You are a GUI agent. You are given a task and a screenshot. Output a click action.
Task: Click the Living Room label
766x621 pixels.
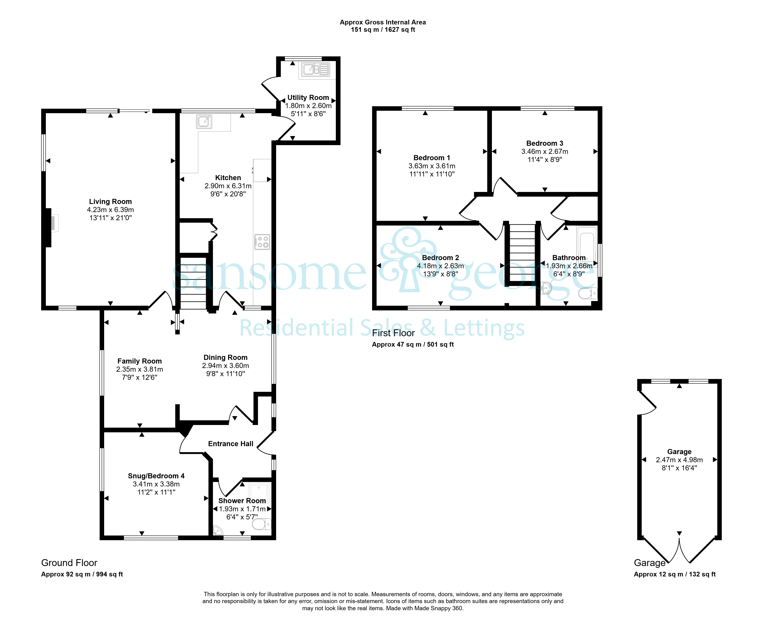(x=110, y=201)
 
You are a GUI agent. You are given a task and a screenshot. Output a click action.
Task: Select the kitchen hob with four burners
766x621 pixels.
(x=262, y=242)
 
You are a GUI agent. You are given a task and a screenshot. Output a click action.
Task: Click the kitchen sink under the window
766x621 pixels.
(x=204, y=122)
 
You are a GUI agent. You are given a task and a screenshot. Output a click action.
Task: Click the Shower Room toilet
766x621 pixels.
(x=261, y=524)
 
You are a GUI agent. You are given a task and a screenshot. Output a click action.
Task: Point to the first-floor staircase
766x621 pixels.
(x=522, y=253)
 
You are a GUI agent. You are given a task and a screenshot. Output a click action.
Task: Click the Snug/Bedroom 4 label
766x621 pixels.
(x=156, y=476)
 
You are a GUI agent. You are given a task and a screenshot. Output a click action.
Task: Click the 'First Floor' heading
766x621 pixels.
(x=393, y=333)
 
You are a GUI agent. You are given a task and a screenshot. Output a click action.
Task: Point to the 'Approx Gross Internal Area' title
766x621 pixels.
(x=383, y=22)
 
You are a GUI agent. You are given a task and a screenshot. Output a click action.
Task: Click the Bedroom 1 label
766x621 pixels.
(x=432, y=158)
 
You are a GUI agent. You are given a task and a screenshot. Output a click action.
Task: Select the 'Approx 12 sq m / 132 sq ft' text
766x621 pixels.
(x=675, y=574)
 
